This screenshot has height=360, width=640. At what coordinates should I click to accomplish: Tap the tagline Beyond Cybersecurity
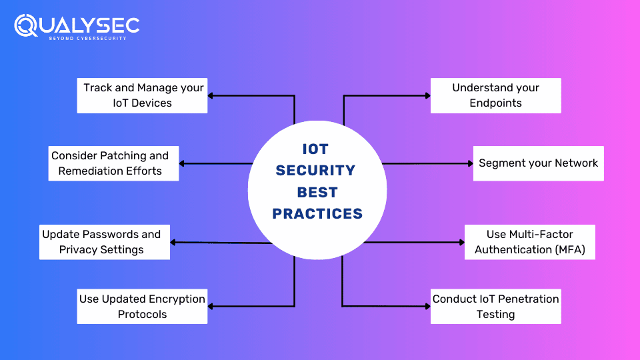(x=87, y=38)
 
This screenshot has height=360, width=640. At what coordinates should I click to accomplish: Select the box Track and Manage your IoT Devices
(x=142, y=95)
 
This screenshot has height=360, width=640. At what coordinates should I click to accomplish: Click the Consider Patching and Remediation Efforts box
(x=113, y=163)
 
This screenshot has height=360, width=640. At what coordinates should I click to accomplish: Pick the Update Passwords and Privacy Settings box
(x=104, y=242)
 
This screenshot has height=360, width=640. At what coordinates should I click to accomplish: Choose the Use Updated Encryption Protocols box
(x=142, y=307)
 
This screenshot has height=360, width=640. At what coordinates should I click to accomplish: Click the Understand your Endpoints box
(x=495, y=95)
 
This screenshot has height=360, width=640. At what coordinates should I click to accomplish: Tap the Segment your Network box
(x=538, y=163)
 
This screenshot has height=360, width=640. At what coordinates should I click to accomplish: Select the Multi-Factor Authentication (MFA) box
(x=529, y=242)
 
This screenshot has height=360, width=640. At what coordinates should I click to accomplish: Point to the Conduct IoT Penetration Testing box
(x=495, y=307)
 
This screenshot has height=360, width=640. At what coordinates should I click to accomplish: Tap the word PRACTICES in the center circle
(x=317, y=214)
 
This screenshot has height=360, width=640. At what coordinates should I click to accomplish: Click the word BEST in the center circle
(x=317, y=192)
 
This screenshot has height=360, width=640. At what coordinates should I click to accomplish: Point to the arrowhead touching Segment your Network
(x=469, y=163)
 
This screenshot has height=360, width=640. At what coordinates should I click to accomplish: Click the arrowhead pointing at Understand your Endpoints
(x=427, y=95)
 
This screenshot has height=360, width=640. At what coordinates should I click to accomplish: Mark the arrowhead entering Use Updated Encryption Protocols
(x=211, y=307)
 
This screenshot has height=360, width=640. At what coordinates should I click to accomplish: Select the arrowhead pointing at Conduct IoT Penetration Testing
(x=427, y=307)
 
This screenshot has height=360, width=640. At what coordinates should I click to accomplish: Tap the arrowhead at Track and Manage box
(x=211, y=95)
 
